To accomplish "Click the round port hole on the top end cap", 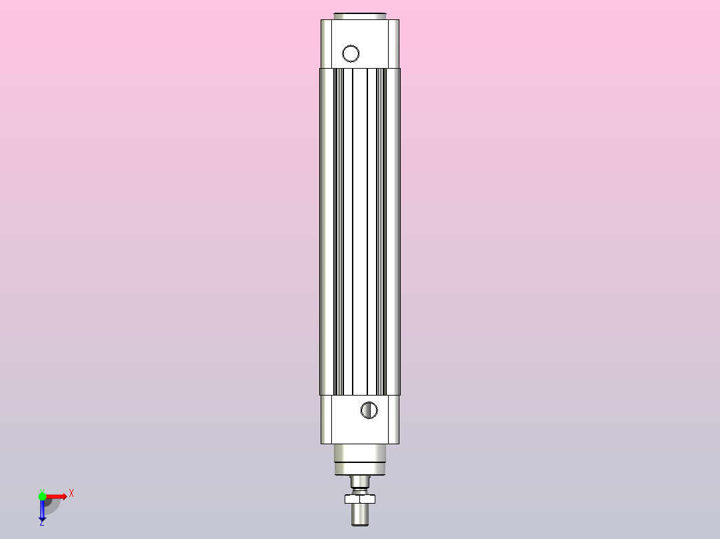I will point(351,53).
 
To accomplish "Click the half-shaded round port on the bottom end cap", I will point(369,410).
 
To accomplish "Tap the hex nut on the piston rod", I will point(360,498).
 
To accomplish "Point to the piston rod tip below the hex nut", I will point(360,515).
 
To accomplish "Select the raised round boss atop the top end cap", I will point(360,16).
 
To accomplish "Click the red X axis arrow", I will point(56,496).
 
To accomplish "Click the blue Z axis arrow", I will point(42,510).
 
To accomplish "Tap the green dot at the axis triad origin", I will point(42,496).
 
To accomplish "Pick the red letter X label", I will point(71,493).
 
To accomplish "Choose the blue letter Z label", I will point(41,523).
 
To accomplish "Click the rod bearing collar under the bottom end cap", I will point(360,459).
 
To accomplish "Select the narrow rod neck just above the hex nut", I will point(360,483).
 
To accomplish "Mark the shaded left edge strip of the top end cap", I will point(325,43).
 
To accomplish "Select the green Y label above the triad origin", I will point(41,489).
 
